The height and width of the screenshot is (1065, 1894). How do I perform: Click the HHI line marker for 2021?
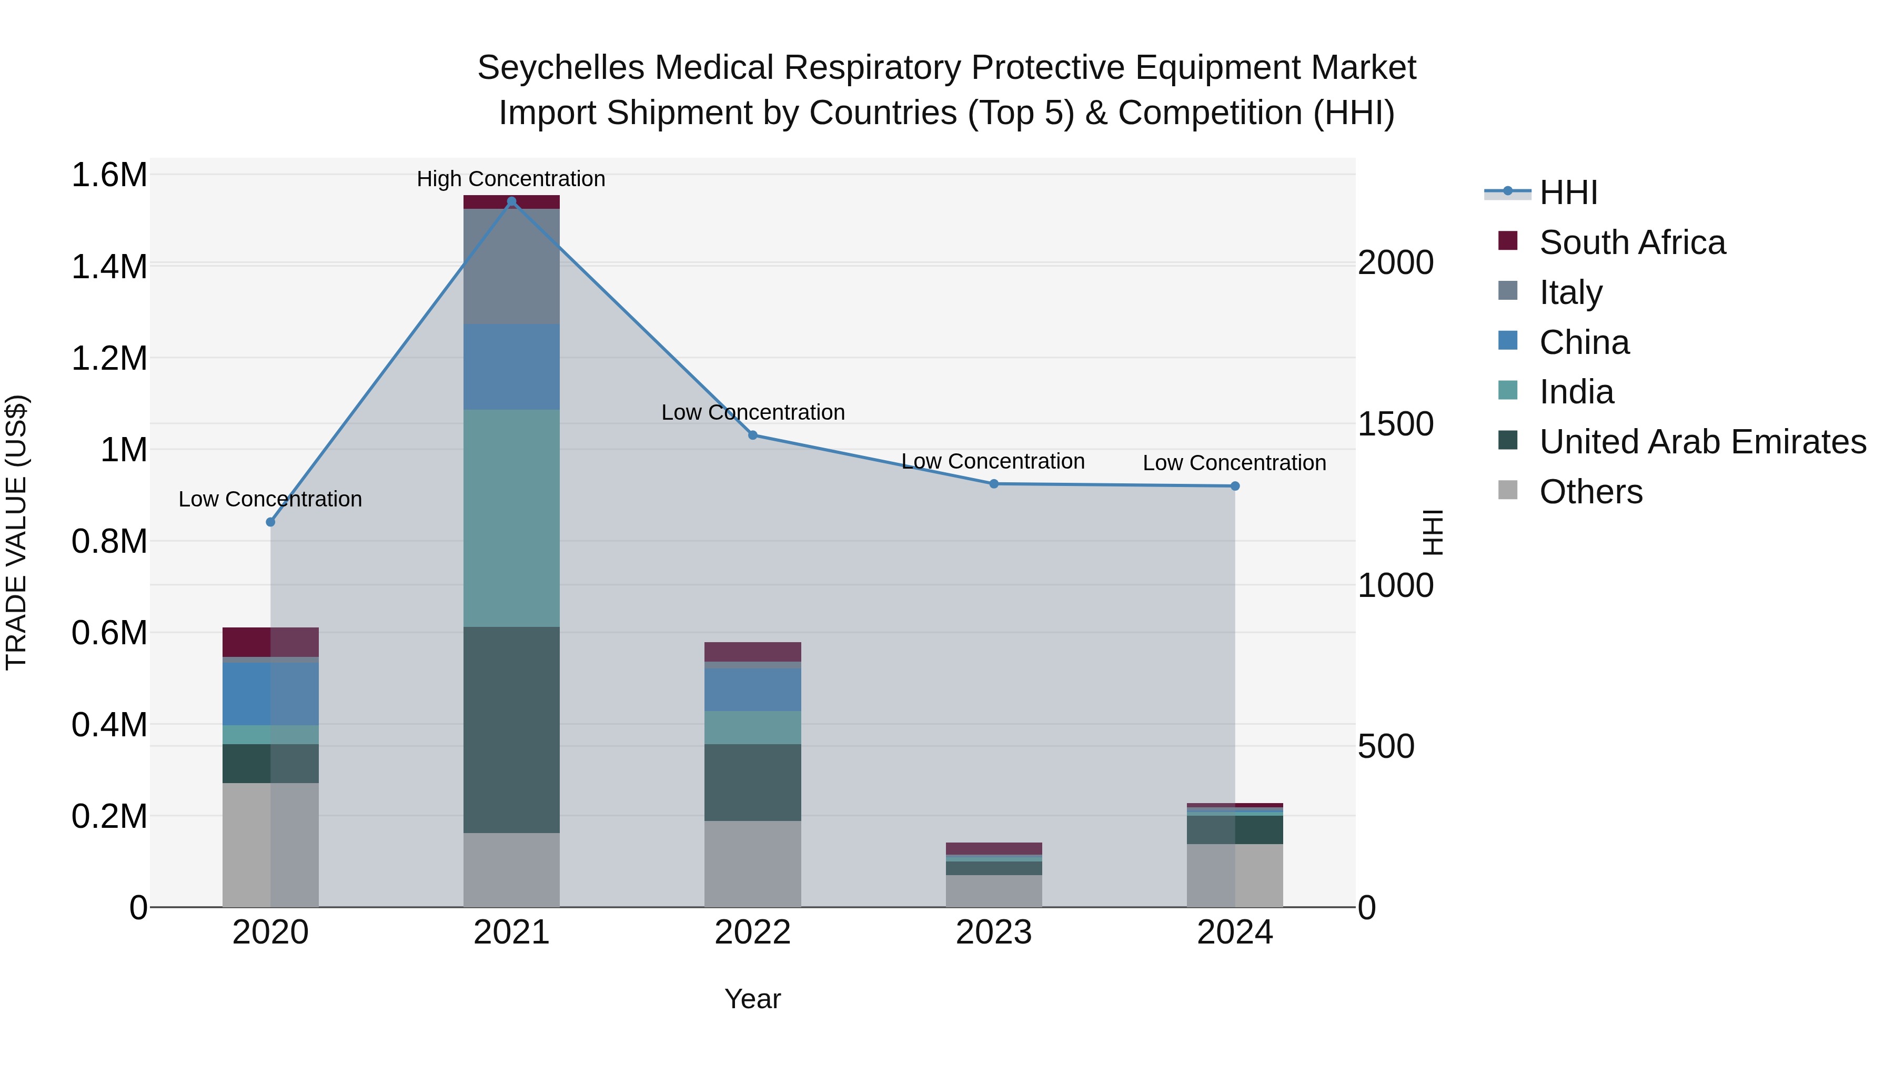pyautogui.click(x=512, y=201)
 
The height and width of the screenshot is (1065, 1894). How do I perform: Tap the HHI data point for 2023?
pyautogui.click(x=993, y=484)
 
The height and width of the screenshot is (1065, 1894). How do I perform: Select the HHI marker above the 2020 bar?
pyautogui.click(x=270, y=522)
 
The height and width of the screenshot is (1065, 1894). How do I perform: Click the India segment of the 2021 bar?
pyautogui.click(x=512, y=518)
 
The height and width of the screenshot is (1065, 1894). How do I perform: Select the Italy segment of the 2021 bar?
pyautogui.click(x=512, y=266)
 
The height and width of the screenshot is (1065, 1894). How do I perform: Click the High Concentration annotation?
pyautogui.click(x=511, y=179)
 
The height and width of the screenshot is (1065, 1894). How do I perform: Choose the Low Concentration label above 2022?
pyautogui.click(x=752, y=412)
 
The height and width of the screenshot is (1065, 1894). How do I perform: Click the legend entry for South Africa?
pyautogui.click(x=1631, y=242)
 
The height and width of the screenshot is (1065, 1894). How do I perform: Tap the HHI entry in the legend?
pyautogui.click(x=1568, y=192)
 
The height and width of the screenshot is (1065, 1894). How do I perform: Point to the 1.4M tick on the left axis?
pyautogui.click(x=109, y=266)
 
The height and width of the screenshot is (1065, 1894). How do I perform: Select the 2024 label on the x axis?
pyautogui.click(x=1234, y=932)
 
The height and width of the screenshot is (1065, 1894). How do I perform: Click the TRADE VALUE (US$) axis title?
pyautogui.click(x=17, y=532)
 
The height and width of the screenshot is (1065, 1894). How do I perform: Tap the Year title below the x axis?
pyautogui.click(x=752, y=999)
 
